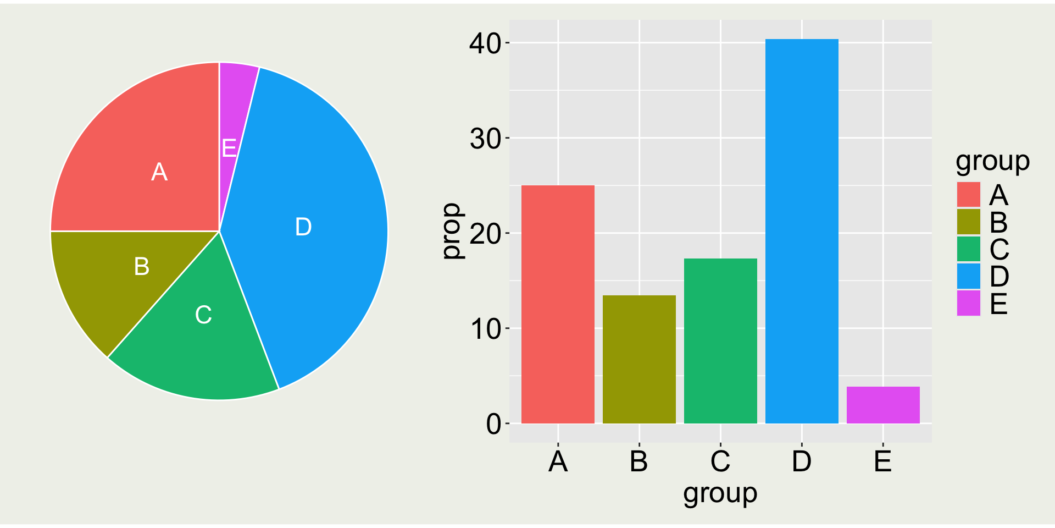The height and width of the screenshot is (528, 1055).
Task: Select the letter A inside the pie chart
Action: point(159,172)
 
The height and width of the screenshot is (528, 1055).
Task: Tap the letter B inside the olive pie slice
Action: point(142,266)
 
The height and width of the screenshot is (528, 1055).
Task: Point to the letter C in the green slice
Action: point(203,315)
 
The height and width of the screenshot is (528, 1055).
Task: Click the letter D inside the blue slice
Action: point(303,227)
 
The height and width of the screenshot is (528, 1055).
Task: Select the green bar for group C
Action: point(720,341)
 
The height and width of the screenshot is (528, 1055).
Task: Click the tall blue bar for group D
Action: point(802,231)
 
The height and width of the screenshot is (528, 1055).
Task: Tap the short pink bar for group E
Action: point(883,405)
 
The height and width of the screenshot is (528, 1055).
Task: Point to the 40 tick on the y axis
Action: point(485,43)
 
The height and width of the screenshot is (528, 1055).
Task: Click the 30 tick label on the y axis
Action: point(485,139)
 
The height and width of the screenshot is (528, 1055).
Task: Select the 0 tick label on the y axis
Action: point(493,424)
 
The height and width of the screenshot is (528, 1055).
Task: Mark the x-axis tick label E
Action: point(882,461)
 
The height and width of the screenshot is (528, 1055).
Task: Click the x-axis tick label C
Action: point(720,461)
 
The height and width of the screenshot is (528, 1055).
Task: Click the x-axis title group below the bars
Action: point(720,493)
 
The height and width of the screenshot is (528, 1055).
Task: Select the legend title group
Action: point(992,161)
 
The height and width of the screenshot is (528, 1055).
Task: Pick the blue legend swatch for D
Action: point(968,276)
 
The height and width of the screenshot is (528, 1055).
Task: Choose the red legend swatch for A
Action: point(968,195)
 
